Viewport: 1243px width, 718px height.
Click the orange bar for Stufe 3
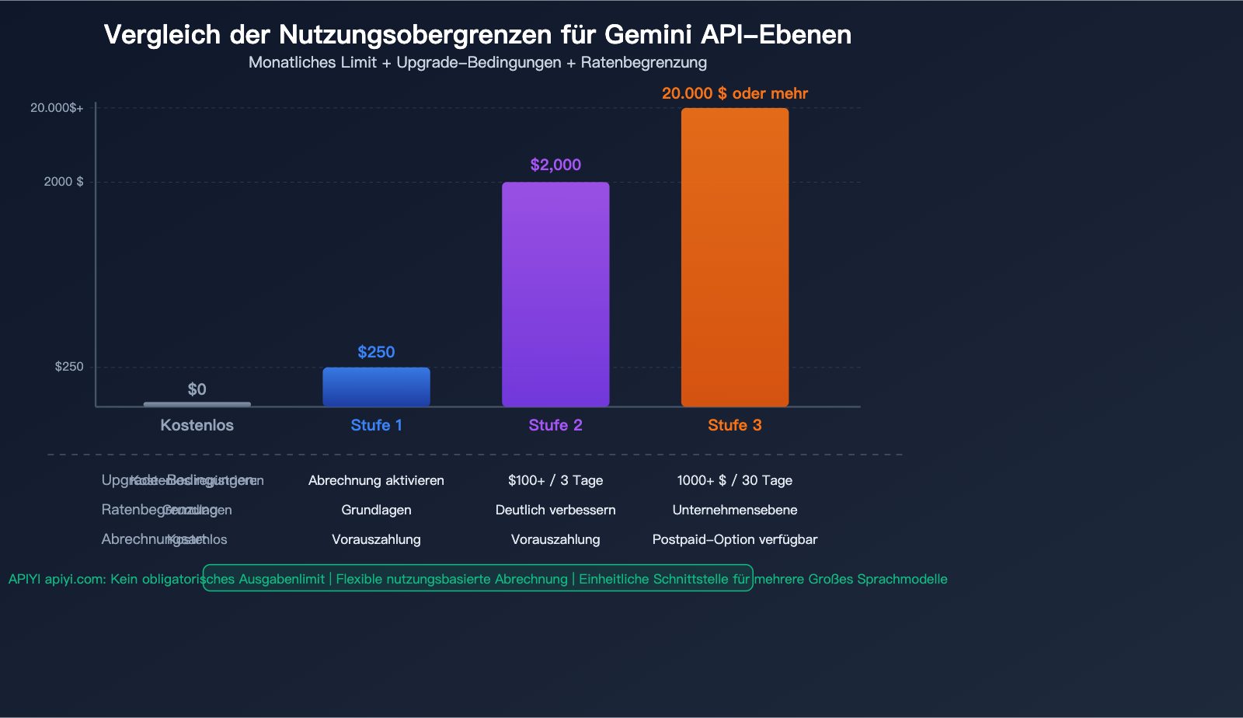click(x=734, y=256)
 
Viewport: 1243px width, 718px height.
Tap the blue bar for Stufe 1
click(x=376, y=386)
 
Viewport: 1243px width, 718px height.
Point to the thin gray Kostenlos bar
click(x=197, y=404)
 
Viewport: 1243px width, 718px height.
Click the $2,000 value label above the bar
click(x=555, y=165)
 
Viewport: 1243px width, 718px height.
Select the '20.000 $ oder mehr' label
click(x=734, y=93)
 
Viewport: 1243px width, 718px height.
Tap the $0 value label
click(x=197, y=389)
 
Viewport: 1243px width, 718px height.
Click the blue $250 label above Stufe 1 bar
click(x=376, y=352)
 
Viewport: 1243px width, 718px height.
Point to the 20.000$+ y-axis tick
click(x=57, y=108)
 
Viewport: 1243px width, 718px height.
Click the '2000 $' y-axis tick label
click(x=64, y=182)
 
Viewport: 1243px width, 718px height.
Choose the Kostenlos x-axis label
click(x=197, y=425)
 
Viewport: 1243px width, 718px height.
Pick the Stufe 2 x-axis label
click(x=555, y=425)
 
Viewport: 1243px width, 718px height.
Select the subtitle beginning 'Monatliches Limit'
click(x=478, y=62)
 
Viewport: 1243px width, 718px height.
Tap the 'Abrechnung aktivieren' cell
click(x=376, y=480)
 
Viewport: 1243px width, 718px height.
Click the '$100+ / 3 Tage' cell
click(x=555, y=480)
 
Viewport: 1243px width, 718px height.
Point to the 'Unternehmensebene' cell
click(x=734, y=510)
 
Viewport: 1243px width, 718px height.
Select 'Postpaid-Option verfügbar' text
click(x=734, y=539)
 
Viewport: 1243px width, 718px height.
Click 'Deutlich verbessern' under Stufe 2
click(x=555, y=510)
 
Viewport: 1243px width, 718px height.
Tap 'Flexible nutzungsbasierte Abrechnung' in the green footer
click(x=451, y=579)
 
